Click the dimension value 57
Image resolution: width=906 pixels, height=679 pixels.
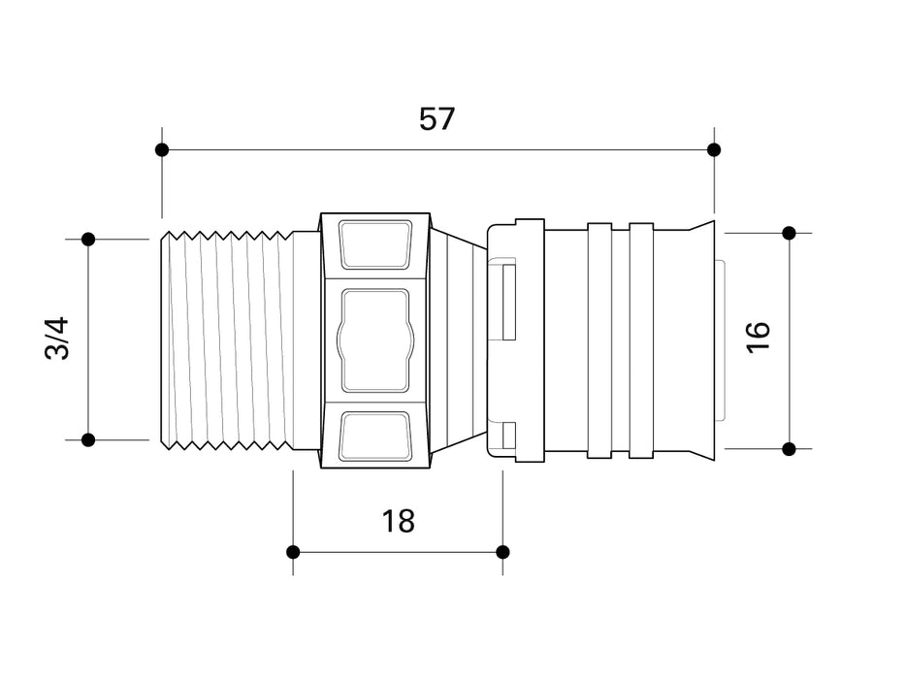point(437,119)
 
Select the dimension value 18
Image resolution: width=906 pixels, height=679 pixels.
point(398,521)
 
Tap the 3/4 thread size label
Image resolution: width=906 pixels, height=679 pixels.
point(57,339)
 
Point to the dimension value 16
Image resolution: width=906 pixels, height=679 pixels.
point(759,337)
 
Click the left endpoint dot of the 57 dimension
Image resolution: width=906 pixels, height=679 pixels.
point(162,150)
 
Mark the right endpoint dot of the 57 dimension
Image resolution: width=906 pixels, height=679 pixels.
point(714,150)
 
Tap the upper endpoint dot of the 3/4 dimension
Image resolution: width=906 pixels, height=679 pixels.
point(88,240)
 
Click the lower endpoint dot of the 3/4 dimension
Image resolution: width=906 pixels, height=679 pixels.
point(88,439)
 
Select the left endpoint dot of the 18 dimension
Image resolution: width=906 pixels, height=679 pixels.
point(293,552)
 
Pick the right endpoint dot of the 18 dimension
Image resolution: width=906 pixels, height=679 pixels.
point(502,552)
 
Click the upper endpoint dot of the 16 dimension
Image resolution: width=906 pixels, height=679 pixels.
point(790,234)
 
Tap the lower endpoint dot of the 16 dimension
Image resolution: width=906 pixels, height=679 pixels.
point(790,448)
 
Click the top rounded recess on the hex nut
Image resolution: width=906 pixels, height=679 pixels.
point(375,245)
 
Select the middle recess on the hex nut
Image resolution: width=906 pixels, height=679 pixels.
point(375,340)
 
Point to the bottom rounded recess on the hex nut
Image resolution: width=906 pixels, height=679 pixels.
point(375,436)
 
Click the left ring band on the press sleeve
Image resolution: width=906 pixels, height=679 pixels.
point(599,340)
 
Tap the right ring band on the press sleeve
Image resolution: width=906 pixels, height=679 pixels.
point(641,340)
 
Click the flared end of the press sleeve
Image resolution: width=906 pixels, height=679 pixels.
point(701,340)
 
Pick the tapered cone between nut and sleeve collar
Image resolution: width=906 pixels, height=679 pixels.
point(460,340)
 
